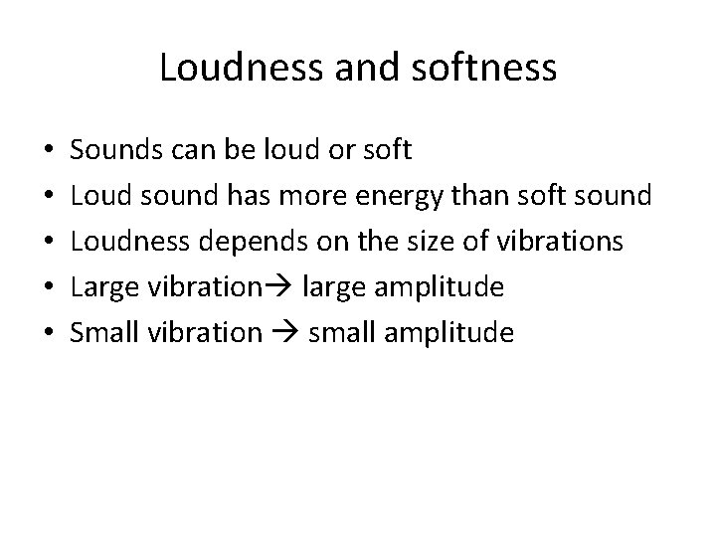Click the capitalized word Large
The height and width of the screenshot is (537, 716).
[x=97, y=288]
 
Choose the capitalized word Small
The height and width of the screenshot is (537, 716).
[x=98, y=333]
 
